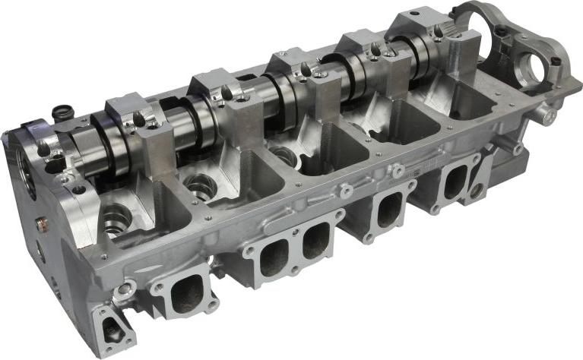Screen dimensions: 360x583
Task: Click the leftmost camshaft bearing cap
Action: [x=135, y=115]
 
